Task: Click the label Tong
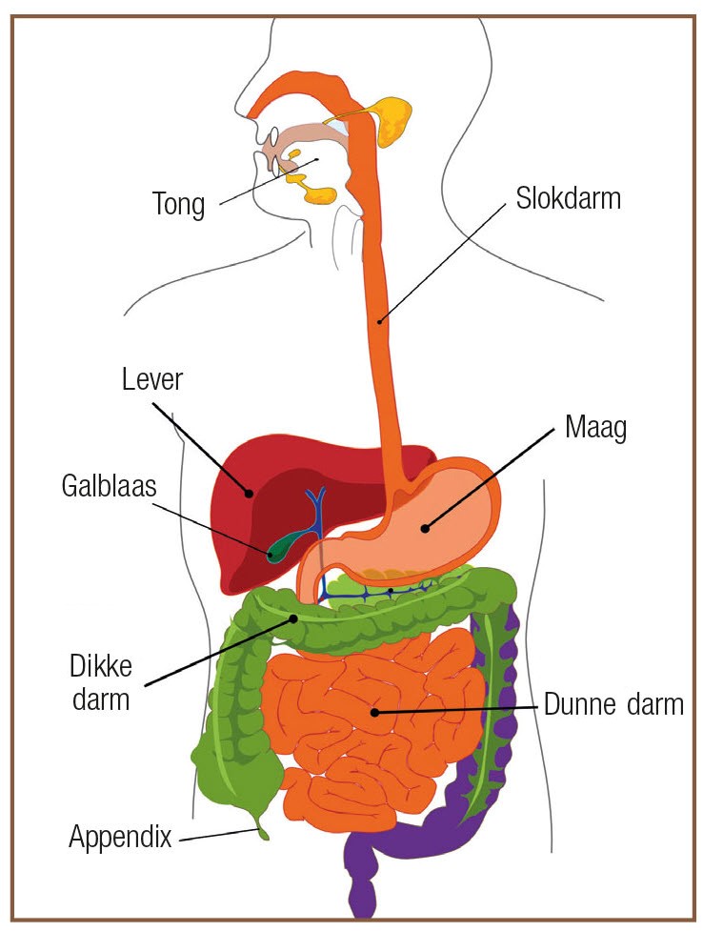point(179,204)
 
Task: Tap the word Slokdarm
point(568,198)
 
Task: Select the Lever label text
point(152,379)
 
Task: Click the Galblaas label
point(110,486)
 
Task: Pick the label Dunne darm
point(613,704)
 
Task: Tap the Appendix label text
point(121,837)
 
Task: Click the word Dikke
point(101,666)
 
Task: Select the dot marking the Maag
point(425,527)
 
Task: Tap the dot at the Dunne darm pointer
point(374,712)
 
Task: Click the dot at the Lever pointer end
point(250,492)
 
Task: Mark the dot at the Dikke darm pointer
point(293,618)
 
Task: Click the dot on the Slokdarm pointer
point(378,321)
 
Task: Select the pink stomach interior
point(428,523)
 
